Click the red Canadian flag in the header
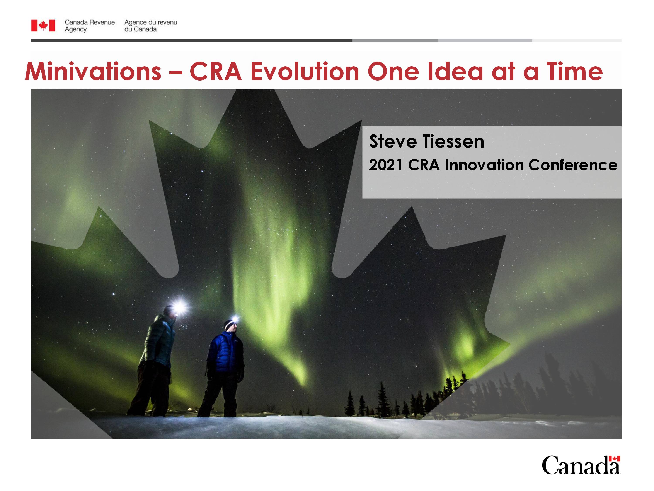point(43,26)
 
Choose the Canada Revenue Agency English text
point(90,26)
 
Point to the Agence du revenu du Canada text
point(150,26)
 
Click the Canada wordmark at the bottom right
point(581,465)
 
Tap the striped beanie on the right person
point(228,325)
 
